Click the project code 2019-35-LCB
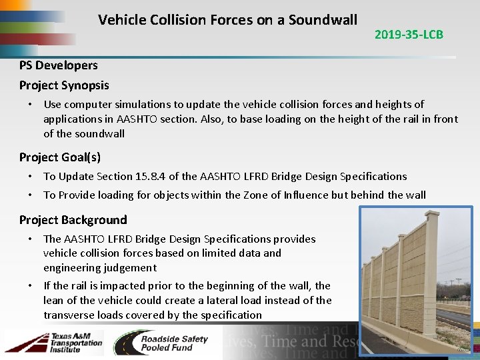pos(409,35)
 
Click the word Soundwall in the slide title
pos(323,20)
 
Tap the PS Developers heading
pos(59,65)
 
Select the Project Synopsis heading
pos(64,85)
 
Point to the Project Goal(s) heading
pos(60,157)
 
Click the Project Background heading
pos(73,220)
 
